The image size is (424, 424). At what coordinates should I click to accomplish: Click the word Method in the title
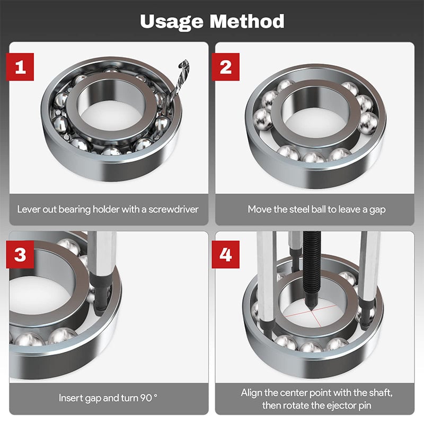coord(247,21)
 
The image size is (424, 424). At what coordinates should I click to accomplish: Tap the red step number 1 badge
coord(20,67)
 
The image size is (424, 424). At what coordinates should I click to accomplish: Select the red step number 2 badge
coord(226,67)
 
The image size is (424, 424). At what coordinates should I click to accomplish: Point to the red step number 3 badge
coord(20,254)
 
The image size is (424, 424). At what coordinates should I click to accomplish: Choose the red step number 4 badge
coord(226,254)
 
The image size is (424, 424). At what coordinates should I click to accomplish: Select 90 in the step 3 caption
coord(146,398)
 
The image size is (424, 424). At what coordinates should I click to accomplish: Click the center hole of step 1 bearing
coord(111,113)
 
